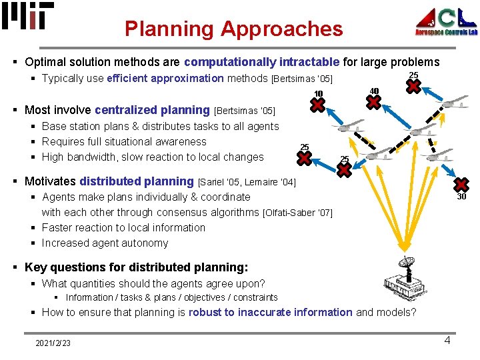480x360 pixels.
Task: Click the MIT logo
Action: [27, 16]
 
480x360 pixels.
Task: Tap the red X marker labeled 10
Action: [319, 105]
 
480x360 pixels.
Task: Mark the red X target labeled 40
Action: [375, 102]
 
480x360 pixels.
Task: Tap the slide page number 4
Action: [447, 341]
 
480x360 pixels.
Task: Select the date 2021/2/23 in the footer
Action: [53, 343]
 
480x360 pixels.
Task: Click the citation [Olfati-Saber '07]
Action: [297, 213]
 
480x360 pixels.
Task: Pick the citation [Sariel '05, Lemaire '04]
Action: [247, 182]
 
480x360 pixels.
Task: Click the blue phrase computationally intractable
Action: [261, 62]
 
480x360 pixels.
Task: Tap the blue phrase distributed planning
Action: [136, 181]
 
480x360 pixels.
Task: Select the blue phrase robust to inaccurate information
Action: [270, 312]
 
